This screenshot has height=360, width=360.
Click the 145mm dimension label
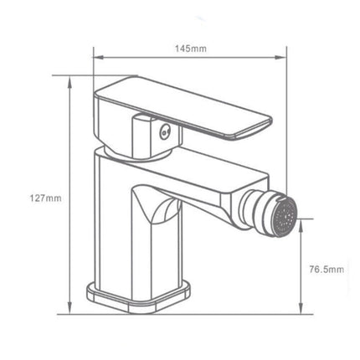pos(193,49)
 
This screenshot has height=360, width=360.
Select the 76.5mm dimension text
pos(325,269)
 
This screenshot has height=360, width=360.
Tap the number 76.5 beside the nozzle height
pos(318,269)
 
